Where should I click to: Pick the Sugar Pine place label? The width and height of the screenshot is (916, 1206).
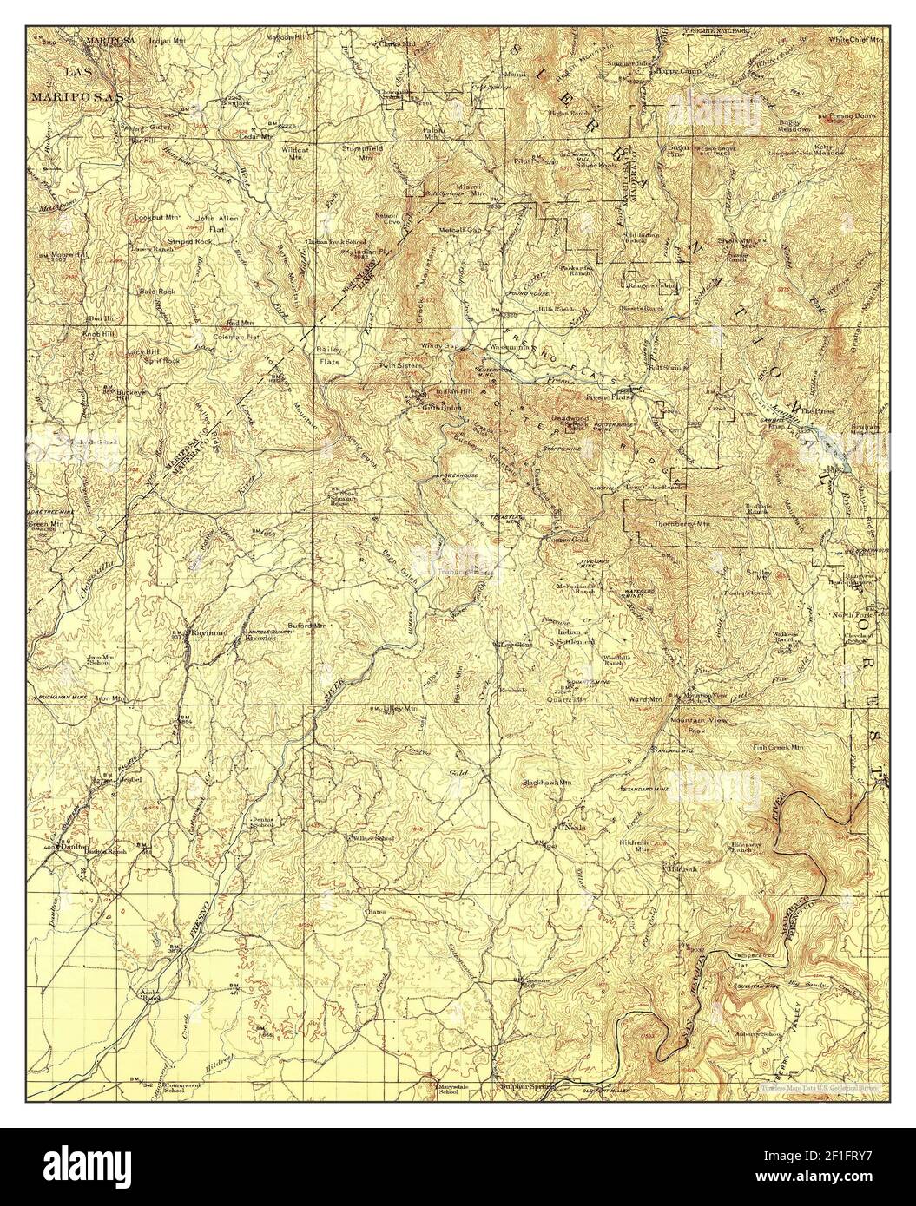677,151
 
